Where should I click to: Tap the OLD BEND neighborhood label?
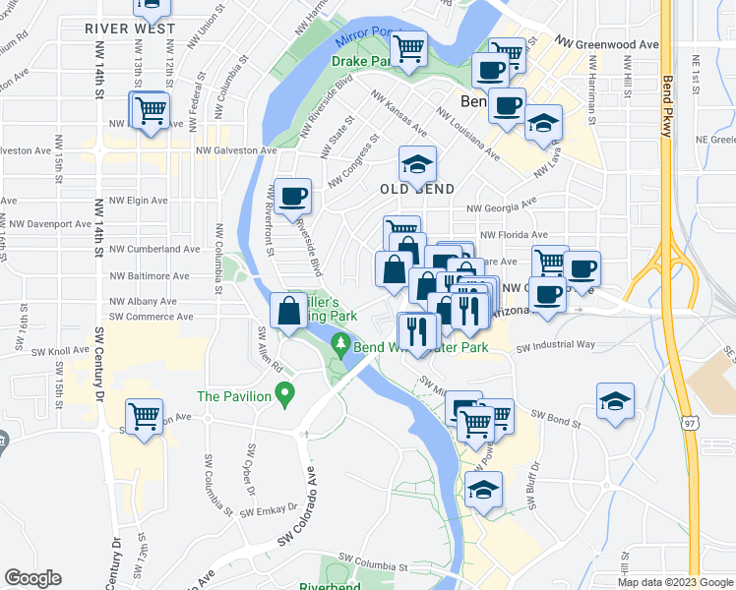point(417,188)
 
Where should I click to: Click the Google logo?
point(32,578)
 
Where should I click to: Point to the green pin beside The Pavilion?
point(285,396)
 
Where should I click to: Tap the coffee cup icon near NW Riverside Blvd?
point(292,198)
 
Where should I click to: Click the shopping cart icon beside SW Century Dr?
point(145,417)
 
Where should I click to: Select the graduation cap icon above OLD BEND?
point(417,164)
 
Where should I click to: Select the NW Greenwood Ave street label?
point(606,44)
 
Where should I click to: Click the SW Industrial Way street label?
point(556,345)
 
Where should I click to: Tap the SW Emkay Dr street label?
point(269,511)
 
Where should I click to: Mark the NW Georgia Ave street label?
point(501,206)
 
